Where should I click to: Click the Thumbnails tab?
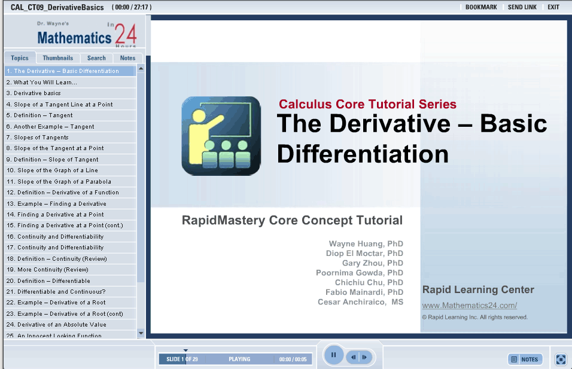pos(57,58)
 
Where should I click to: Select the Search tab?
pos(96,58)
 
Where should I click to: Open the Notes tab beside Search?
pos(127,58)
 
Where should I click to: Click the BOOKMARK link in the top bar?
pos(481,7)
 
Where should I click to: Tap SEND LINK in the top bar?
pos(522,7)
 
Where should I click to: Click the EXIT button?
pos(553,7)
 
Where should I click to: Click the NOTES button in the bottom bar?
pos(525,359)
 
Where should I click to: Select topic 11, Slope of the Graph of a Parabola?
pos(59,182)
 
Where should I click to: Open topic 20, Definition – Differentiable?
pos(48,280)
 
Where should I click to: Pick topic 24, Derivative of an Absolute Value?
pos(56,325)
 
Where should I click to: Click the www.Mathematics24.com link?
pos(470,305)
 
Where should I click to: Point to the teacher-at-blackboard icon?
pos(221,136)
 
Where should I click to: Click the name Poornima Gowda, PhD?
pos(360,273)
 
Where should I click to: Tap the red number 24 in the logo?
pos(126,34)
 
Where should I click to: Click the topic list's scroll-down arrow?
pos(141,333)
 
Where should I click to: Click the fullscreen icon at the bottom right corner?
pos(561,359)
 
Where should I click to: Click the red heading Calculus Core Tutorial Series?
pos(367,104)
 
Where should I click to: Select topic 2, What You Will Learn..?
pos(42,83)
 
